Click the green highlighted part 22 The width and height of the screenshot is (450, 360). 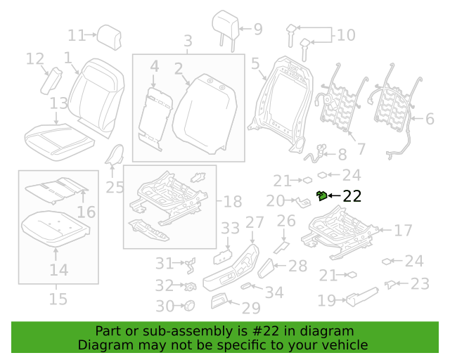[x=322, y=195]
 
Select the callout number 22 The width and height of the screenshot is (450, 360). [x=352, y=196]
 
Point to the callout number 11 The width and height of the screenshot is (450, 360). [x=77, y=35]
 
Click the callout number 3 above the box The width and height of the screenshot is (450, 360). [x=188, y=41]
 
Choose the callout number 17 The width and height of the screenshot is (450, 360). [x=403, y=230]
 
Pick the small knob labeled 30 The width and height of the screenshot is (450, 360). [x=189, y=305]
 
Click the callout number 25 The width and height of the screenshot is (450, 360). [x=115, y=188]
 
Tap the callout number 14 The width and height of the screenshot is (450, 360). [x=59, y=270]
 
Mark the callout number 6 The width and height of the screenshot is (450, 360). [x=430, y=119]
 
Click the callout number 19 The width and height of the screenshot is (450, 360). [x=326, y=300]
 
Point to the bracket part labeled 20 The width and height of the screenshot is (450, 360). [x=303, y=202]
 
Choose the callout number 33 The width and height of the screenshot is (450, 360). [x=230, y=229]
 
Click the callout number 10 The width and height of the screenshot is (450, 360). [x=347, y=35]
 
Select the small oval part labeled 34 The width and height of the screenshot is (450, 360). [x=245, y=286]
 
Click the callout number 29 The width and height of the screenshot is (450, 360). [x=251, y=309]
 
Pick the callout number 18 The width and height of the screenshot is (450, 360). [x=233, y=202]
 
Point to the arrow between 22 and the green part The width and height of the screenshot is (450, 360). [x=335, y=195]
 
